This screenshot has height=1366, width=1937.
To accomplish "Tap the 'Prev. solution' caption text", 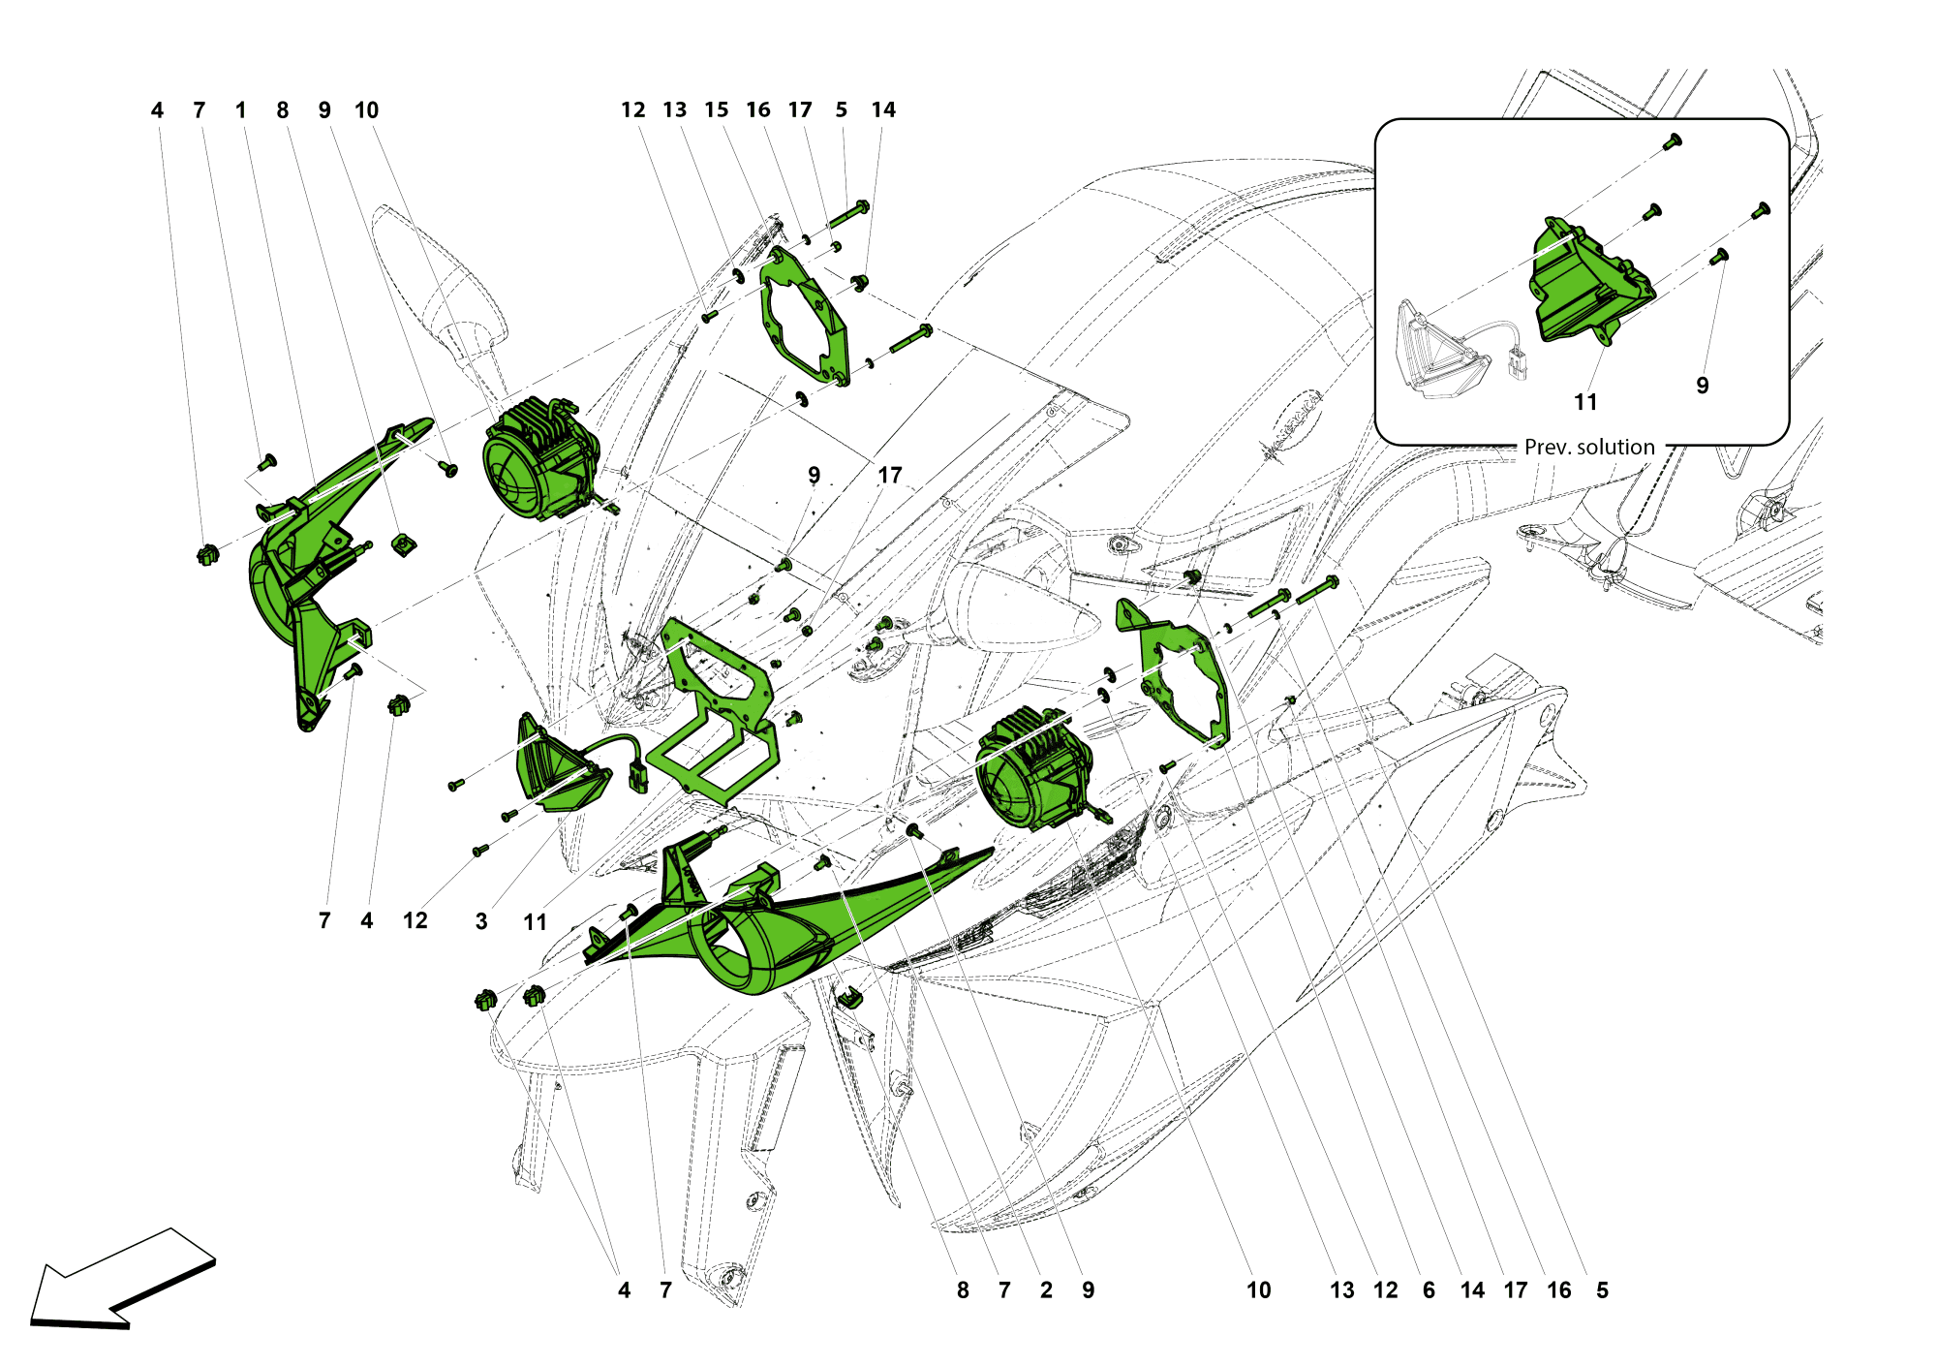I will (1589, 448).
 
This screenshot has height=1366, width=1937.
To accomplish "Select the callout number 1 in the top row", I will (241, 110).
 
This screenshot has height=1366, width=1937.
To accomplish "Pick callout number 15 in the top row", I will (717, 110).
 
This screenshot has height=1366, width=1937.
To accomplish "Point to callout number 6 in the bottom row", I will (1429, 1290).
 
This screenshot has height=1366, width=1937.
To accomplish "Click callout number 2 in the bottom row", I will (1046, 1290).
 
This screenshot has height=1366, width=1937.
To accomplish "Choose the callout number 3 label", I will (481, 921).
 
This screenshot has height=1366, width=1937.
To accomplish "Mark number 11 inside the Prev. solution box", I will (1585, 402).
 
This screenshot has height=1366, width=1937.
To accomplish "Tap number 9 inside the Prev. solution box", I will (1703, 386).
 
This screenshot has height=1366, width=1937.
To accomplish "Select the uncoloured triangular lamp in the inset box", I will (1438, 349).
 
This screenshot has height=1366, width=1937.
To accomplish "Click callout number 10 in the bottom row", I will (1258, 1290).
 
